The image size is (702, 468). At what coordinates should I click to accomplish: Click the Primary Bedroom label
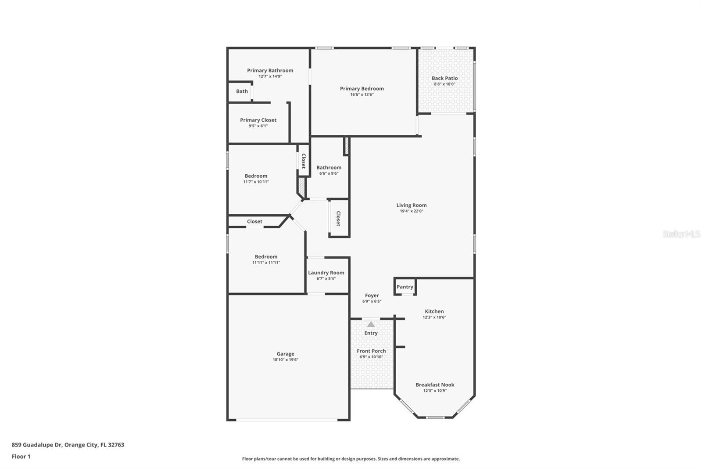coord(362,89)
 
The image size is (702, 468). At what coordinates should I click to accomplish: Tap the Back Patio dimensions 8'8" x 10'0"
coord(444,84)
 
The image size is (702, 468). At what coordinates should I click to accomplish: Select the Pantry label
coord(405,287)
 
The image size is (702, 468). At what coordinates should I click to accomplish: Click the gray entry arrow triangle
coord(371,324)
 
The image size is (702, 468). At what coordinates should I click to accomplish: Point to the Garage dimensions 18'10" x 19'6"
coord(285,360)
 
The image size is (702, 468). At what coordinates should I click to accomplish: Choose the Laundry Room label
coord(326,273)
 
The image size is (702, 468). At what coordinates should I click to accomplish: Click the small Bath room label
coord(242,91)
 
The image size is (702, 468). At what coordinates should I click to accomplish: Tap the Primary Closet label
coord(258,120)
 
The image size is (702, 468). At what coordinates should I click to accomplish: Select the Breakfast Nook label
coord(435,385)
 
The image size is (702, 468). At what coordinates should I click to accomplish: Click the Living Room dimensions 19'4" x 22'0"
coord(411,211)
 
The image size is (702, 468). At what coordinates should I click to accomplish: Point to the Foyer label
coord(372,295)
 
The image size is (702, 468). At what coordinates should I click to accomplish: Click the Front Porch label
coord(371,351)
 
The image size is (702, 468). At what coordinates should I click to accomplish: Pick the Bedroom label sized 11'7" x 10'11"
coord(256,176)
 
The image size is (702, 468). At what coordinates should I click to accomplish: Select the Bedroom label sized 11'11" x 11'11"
coord(266,257)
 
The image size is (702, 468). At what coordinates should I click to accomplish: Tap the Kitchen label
coord(434,311)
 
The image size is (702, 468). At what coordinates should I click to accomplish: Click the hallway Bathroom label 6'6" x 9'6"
coord(329,167)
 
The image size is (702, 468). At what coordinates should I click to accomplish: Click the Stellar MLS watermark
coord(681,234)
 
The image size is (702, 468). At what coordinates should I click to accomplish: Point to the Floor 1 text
coord(21,457)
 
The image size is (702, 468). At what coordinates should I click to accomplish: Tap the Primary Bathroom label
coord(270,70)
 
